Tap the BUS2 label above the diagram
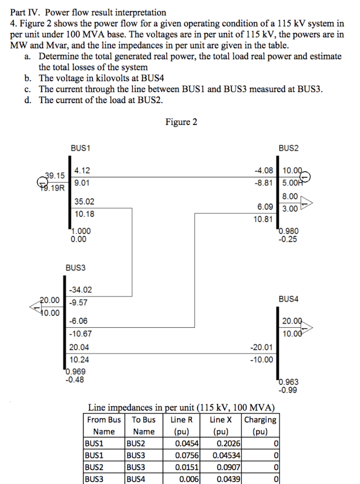(x=289, y=148)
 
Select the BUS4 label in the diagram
(x=289, y=299)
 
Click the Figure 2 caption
(x=181, y=122)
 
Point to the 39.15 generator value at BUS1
(x=55, y=175)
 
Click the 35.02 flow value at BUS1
(x=84, y=202)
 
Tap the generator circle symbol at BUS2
(x=305, y=176)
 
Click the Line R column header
(x=182, y=420)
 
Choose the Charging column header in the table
(x=260, y=420)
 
